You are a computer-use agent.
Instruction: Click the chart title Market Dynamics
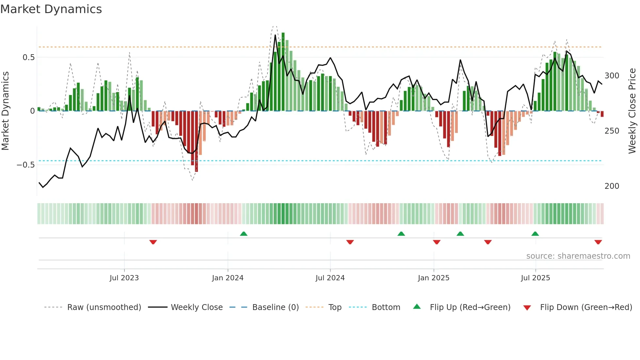point(51,9)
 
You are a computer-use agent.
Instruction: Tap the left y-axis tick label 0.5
point(28,57)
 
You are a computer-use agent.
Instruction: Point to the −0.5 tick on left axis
point(25,165)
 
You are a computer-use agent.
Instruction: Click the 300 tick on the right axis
point(612,76)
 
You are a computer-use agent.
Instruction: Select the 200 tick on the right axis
point(612,186)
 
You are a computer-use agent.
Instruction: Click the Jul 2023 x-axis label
point(124,278)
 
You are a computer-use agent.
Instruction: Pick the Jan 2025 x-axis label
point(433,278)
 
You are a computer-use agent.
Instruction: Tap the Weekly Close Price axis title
point(632,111)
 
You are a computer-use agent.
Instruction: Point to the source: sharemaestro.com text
point(578,256)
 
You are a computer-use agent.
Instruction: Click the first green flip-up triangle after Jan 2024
point(244,234)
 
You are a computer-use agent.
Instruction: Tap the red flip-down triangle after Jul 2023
point(153,242)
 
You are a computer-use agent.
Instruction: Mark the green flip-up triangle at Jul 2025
point(535,234)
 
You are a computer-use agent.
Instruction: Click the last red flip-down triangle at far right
point(598,242)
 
